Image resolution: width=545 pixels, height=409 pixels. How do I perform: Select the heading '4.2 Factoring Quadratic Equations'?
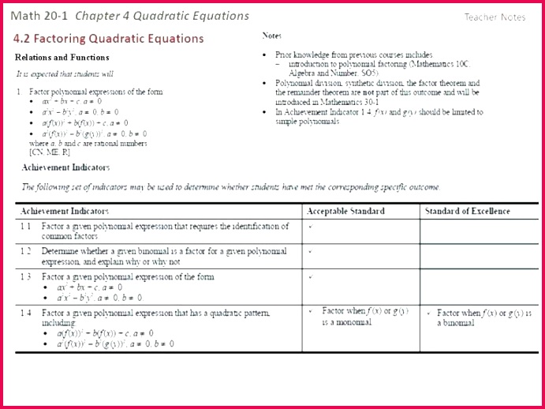(108, 39)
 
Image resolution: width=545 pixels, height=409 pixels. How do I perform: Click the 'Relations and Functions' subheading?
(62, 58)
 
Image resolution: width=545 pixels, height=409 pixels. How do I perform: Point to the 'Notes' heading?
(271, 36)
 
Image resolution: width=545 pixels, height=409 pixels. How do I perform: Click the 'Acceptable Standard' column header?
(345, 211)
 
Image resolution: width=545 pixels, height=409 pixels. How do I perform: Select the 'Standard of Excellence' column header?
(468, 211)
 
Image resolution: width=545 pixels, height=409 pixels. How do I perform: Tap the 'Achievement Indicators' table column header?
(65, 211)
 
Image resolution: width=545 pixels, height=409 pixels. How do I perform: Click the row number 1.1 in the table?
(25, 226)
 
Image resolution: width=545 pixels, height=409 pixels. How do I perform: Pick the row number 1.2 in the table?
(25, 251)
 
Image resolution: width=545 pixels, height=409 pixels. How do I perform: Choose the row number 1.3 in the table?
(25, 277)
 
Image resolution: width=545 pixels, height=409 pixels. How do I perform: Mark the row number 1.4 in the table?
(25, 313)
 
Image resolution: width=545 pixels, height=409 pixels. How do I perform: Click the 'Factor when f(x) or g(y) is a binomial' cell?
(474, 317)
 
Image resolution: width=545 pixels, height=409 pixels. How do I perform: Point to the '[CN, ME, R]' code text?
(49, 152)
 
